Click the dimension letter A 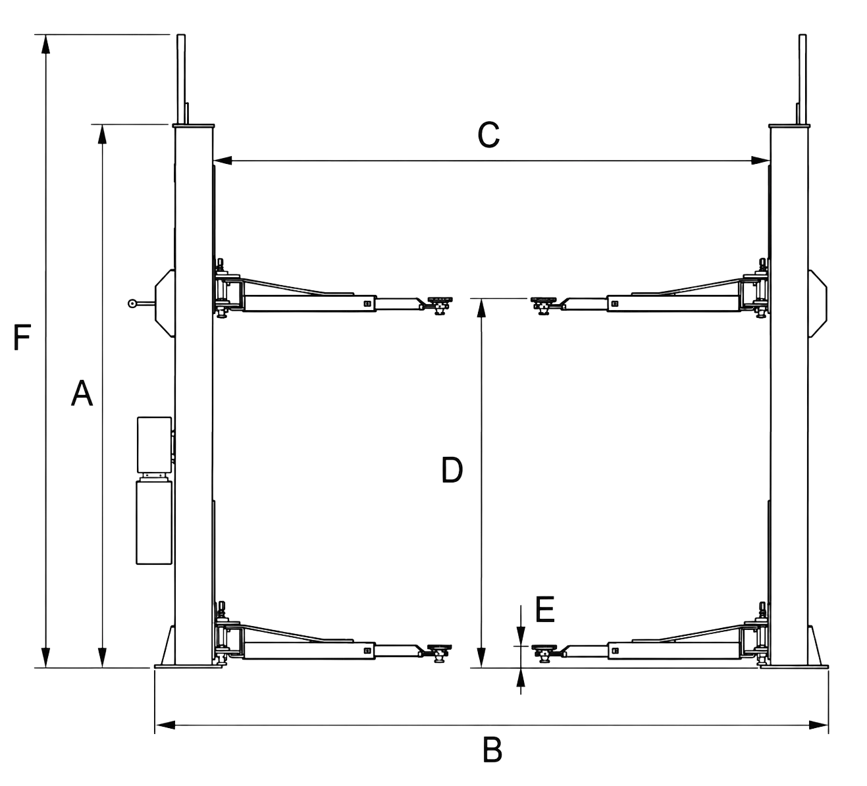[82, 393]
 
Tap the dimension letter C [488, 135]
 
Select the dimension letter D [452, 470]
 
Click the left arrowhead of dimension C [223, 161]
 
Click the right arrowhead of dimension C [760, 161]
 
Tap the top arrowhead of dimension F [45, 43]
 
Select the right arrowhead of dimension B [818, 725]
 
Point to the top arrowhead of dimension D [482, 308]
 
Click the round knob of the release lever [132, 303]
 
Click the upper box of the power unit [154, 445]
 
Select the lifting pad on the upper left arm [440, 300]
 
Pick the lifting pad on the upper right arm [543, 300]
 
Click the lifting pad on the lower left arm [440, 647]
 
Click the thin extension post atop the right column [802, 80]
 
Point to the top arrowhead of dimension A [102, 134]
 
